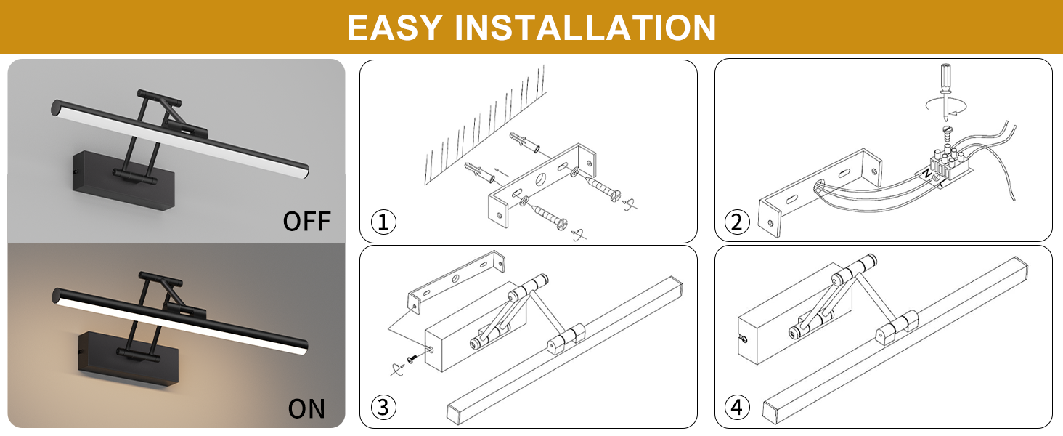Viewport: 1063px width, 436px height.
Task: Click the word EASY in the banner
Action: click(395, 28)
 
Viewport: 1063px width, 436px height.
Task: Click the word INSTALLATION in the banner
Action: click(585, 28)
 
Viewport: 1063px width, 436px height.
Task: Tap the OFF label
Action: click(306, 222)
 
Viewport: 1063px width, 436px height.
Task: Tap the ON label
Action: click(306, 408)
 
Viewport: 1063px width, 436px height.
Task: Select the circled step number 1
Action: click(383, 222)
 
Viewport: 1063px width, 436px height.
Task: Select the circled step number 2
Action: click(737, 222)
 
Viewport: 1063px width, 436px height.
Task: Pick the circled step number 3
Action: click(383, 407)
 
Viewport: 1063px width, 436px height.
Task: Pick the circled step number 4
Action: click(737, 407)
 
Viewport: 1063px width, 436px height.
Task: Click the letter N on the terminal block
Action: click(926, 174)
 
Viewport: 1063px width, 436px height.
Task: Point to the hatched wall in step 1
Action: click(485, 125)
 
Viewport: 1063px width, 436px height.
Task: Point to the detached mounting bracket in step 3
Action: click(456, 280)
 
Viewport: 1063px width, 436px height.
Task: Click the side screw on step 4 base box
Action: click(744, 339)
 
